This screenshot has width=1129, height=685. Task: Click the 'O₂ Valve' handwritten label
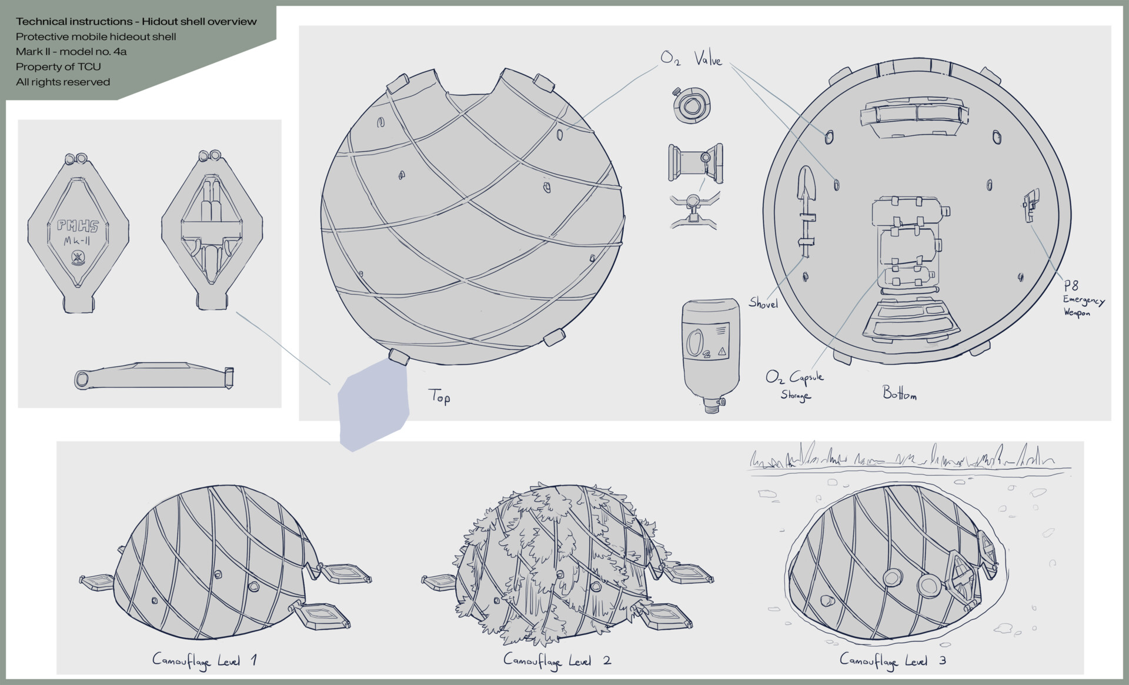tap(691, 59)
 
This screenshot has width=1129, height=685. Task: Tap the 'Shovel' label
tap(763, 303)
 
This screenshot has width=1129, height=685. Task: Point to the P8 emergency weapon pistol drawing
tap(1031, 205)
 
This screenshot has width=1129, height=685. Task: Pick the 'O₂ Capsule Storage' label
tap(794, 385)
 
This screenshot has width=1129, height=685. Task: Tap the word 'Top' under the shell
tap(439, 397)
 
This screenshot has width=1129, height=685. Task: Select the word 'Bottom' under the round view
tap(899, 393)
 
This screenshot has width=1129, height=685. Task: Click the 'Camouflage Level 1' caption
tap(204, 661)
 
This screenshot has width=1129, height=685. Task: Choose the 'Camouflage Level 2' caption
tap(557, 661)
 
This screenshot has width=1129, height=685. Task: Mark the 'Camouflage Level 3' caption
tap(893, 660)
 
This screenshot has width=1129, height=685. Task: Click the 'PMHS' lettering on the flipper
tap(78, 225)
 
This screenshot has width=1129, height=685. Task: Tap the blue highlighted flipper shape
tap(373, 406)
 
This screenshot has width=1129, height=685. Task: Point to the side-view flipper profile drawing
tap(155, 376)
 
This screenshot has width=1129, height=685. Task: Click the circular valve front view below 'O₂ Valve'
tap(692, 105)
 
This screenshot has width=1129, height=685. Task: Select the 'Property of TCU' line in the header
tap(58, 66)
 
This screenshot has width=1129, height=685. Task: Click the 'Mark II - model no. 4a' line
tap(71, 51)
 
